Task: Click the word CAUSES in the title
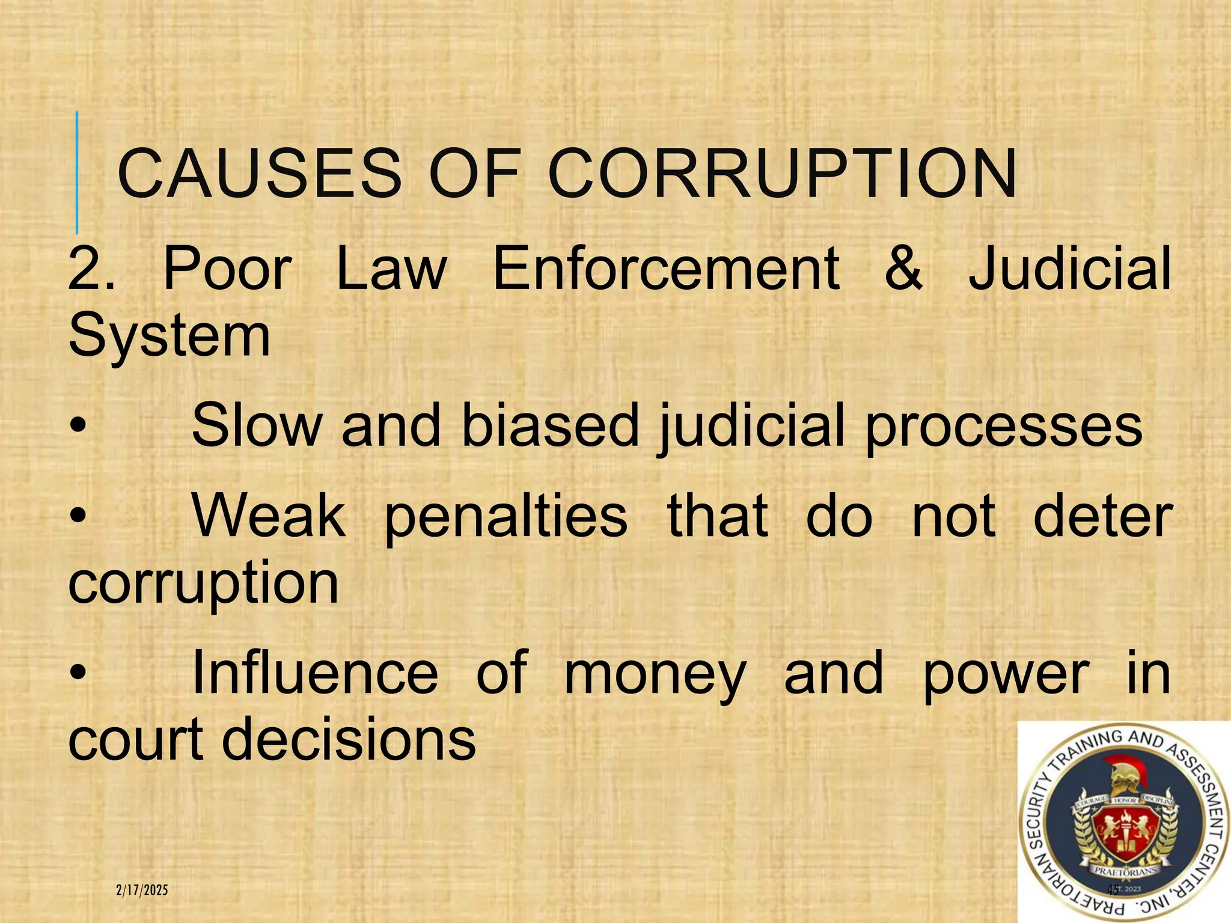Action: pyautogui.click(x=259, y=174)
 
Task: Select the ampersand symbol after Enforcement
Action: pyautogui.click(x=903, y=268)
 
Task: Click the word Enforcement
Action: pyautogui.click(x=666, y=268)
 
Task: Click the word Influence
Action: pyautogui.click(x=315, y=673)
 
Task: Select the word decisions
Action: pyautogui.click(x=349, y=739)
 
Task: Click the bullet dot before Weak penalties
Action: pyautogui.click(x=78, y=517)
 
